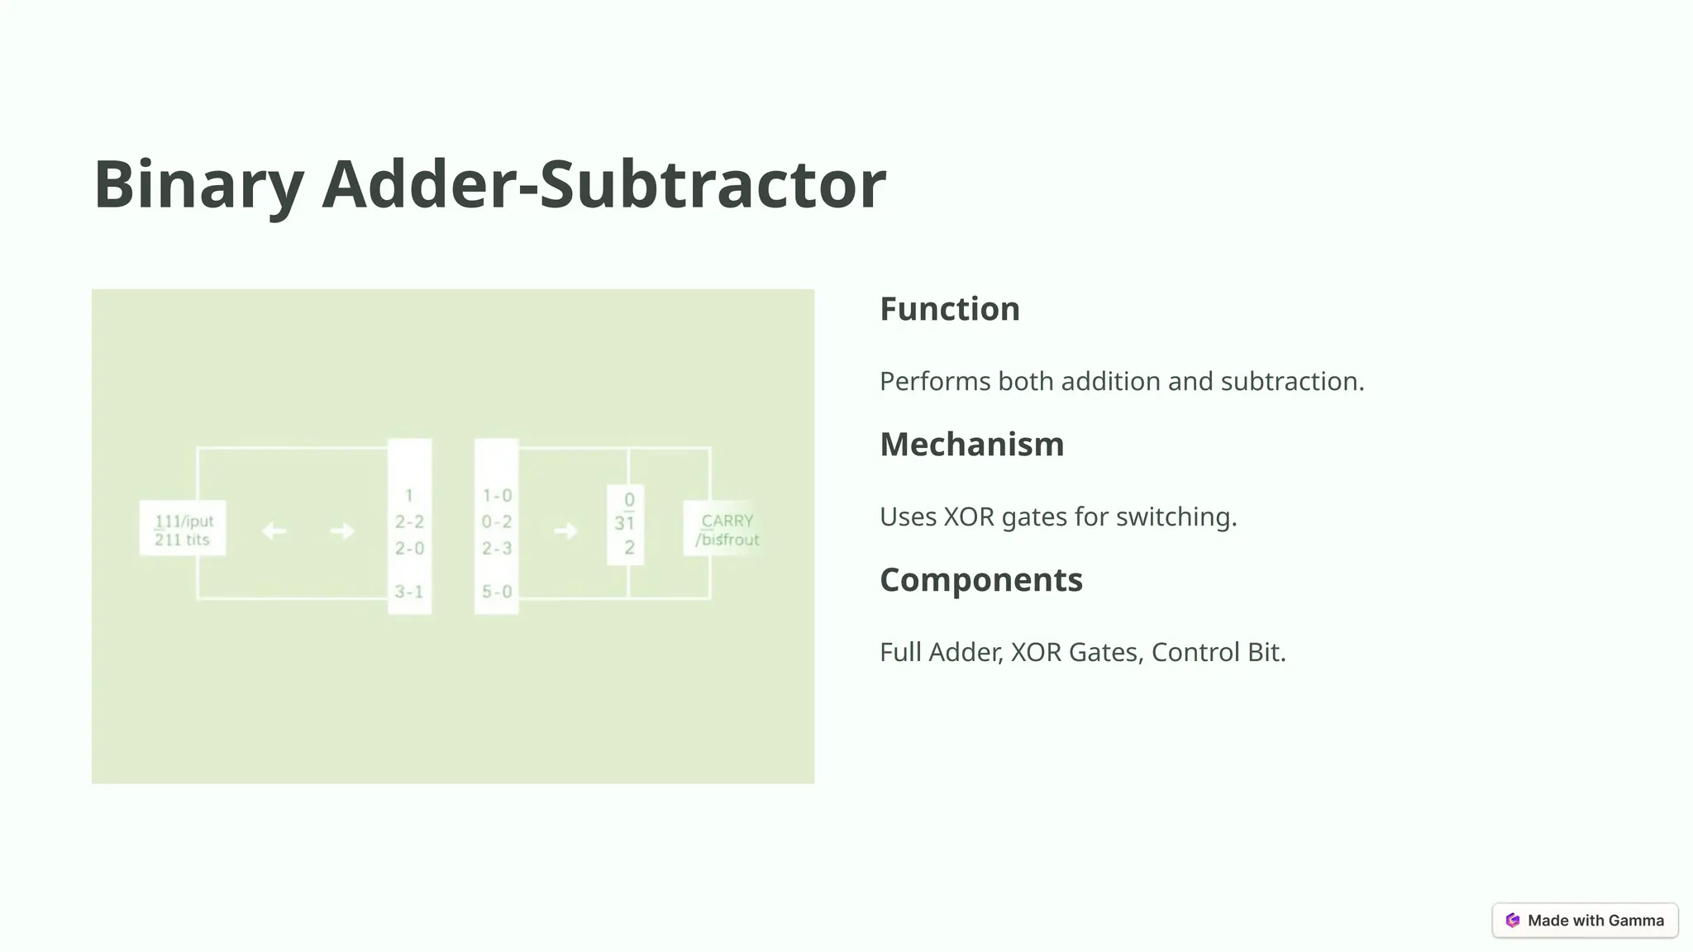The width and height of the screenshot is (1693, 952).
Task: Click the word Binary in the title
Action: [198, 185]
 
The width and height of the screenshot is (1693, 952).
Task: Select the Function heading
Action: [949, 309]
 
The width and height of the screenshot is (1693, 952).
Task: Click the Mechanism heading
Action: [971, 445]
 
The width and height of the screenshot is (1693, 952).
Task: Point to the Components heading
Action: [980, 580]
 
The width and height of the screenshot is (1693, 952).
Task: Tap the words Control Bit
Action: [1218, 653]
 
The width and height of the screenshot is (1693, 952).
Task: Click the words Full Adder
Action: [941, 653]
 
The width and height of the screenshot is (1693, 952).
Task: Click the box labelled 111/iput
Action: [183, 529]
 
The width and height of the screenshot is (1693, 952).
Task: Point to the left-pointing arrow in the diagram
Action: [274, 531]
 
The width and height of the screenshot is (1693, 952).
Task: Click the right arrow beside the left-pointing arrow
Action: [342, 531]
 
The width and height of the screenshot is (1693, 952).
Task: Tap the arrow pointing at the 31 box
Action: [565, 531]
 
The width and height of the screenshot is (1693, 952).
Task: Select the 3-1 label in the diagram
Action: [409, 592]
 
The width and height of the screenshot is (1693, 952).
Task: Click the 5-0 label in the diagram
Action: [497, 592]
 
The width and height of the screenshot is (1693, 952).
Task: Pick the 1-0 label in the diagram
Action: [497, 496]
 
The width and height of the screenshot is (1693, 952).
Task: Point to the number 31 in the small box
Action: [624, 523]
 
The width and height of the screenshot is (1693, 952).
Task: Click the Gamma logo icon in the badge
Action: [1513, 921]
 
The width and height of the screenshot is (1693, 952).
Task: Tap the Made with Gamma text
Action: [1595, 921]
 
